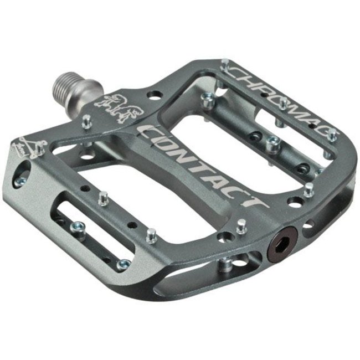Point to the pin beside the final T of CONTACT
241,225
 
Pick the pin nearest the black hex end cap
241,225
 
